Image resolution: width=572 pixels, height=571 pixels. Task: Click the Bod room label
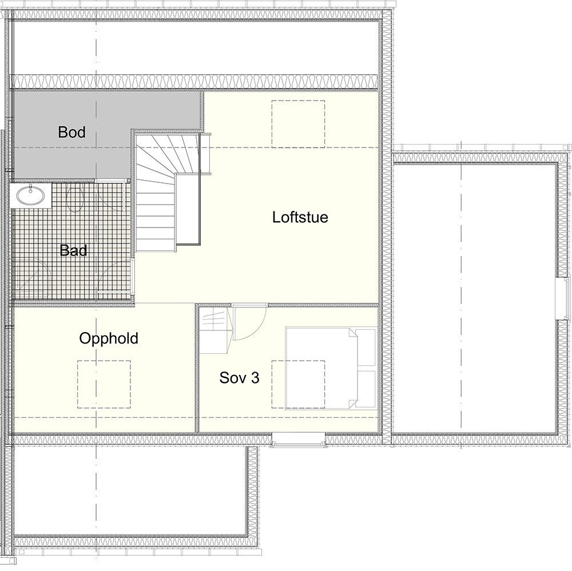(x=71, y=133)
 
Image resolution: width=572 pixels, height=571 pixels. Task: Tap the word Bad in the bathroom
(x=73, y=250)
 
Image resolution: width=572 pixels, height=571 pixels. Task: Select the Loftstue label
(x=300, y=217)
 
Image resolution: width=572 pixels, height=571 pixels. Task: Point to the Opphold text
(x=109, y=338)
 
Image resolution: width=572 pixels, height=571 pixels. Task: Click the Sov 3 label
(x=240, y=378)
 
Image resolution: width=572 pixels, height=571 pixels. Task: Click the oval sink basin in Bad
(x=30, y=196)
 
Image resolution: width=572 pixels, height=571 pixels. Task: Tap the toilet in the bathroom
(x=76, y=200)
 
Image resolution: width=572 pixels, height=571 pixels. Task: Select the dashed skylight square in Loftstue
(x=298, y=123)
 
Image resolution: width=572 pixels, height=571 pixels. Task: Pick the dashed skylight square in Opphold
(x=104, y=384)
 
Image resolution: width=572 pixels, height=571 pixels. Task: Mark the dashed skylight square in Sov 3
(x=297, y=384)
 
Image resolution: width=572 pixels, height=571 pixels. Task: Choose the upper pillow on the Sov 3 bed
(x=366, y=348)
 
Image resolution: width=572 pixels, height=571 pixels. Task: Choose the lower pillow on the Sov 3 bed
(x=366, y=389)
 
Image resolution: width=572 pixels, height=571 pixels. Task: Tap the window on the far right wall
(x=559, y=298)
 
